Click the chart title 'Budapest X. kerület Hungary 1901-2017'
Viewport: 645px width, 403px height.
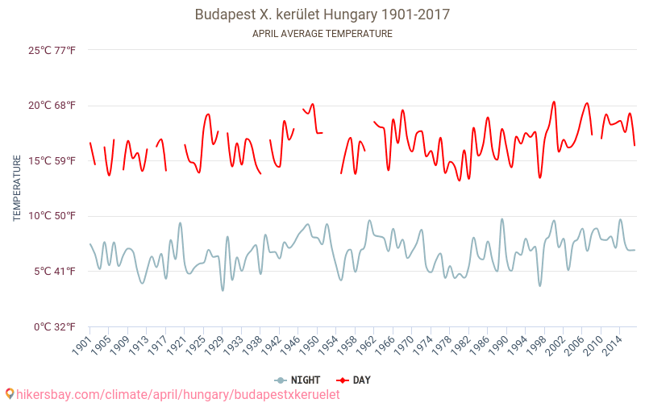pos(322,15)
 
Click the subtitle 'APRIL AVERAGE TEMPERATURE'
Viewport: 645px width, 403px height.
pos(322,34)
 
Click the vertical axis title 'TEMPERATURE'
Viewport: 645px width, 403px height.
pos(17,189)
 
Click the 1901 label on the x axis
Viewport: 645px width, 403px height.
pos(81,344)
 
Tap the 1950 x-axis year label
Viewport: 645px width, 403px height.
pos(309,344)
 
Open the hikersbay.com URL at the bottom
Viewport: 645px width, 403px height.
pos(177,394)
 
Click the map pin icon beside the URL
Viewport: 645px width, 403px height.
pos(9,393)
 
